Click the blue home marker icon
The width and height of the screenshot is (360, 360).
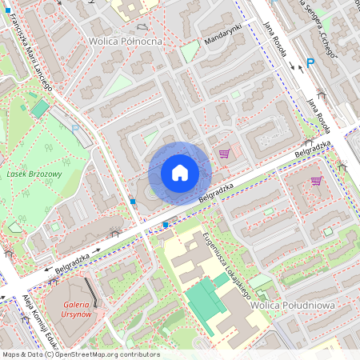179,173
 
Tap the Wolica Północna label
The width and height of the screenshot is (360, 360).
126,41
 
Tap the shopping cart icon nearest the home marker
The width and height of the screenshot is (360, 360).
224,153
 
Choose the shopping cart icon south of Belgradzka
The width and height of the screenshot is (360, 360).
317,181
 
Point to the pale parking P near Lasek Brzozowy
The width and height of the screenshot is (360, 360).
75,128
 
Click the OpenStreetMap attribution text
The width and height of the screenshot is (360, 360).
81,354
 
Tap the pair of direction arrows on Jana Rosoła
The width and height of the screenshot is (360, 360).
295,66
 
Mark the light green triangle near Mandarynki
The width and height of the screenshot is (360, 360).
189,53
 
